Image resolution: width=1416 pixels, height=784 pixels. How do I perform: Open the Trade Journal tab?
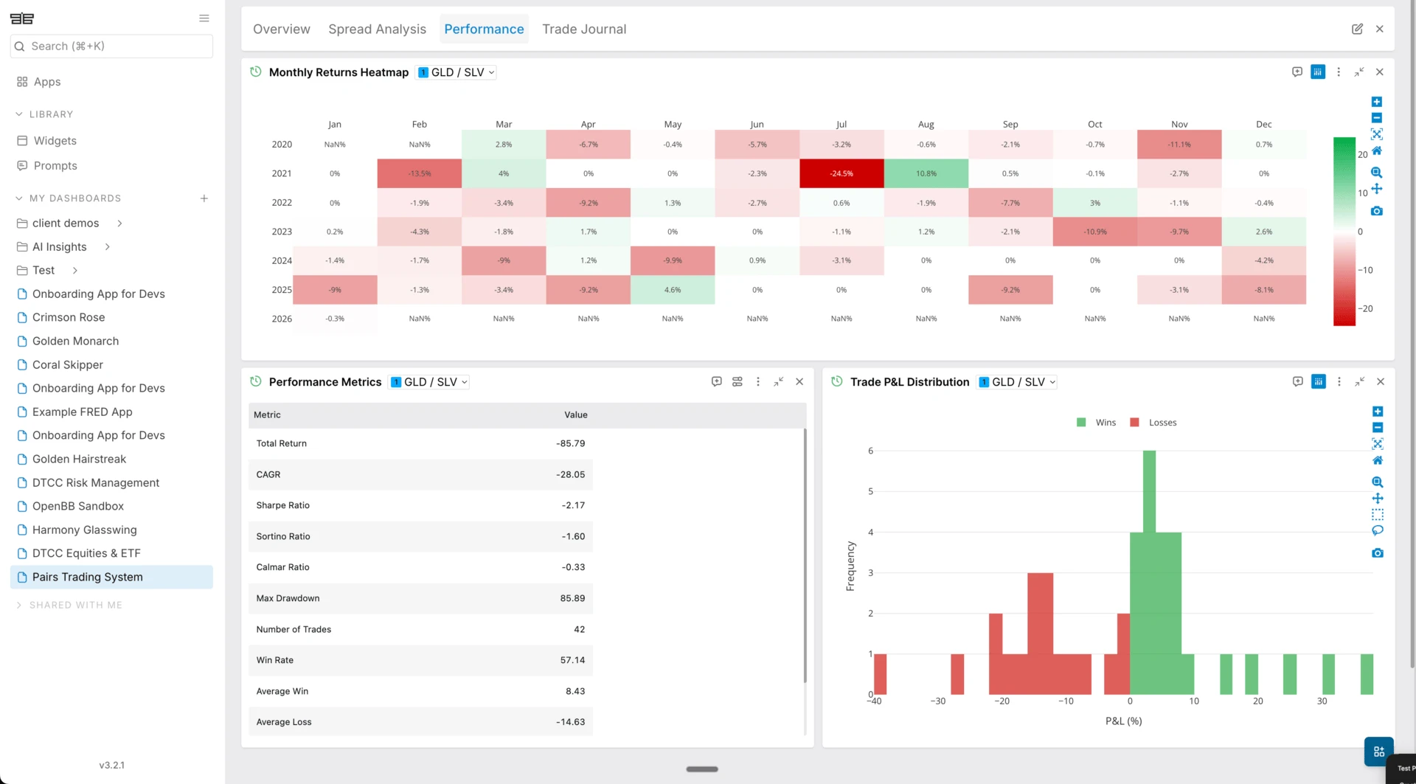[x=584, y=29]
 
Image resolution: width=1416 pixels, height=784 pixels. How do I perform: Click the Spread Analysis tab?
[x=377, y=29]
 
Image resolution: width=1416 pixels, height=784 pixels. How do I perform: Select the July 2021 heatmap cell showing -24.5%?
[x=841, y=173]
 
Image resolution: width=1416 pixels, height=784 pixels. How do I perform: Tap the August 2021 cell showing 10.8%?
[x=926, y=173]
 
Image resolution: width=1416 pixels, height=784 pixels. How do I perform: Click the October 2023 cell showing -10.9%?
[x=1095, y=232]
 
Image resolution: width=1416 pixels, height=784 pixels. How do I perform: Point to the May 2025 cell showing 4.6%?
[x=673, y=290]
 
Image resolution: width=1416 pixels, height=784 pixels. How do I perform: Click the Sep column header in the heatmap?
[x=1010, y=124]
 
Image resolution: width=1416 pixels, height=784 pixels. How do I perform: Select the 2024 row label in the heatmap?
[x=282, y=260]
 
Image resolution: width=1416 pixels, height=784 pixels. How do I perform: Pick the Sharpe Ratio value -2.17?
[x=573, y=505]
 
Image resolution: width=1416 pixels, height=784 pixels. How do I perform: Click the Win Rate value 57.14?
[x=572, y=660]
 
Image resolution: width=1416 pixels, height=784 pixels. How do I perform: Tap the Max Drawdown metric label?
[x=288, y=598]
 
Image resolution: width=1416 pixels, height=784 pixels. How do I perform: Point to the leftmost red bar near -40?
[x=880, y=674]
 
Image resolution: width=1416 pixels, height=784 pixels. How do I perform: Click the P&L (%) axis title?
[x=1123, y=721]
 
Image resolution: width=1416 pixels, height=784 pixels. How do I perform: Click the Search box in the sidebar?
[x=111, y=46]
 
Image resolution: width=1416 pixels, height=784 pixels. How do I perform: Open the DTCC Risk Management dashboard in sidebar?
[x=96, y=482]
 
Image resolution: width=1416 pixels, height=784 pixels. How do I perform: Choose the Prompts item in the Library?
[x=55, y=165]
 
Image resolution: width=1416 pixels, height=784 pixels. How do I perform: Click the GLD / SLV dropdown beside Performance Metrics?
[x=429, y=382]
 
